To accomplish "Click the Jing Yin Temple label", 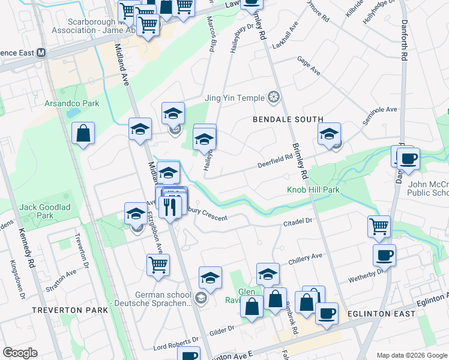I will [235, 98].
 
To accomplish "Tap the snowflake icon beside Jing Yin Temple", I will [274, 97].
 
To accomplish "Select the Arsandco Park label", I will [71, 104].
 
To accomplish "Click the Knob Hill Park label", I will [312, 190].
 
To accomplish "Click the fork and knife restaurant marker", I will [172, 207].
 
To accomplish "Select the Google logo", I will [20, 352].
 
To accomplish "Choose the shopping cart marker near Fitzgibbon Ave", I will [158, 264].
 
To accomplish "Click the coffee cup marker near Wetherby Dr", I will [384, 254].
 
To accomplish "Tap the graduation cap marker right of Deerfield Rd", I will [329, 134].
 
